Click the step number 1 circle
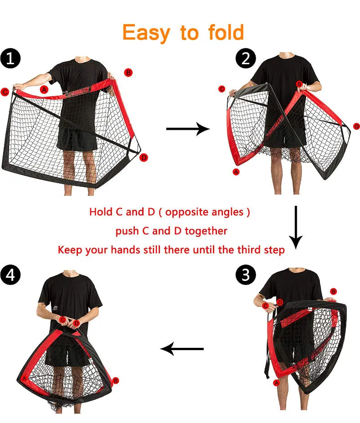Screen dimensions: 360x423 [x=10, y=58]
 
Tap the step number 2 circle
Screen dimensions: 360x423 [x=246, y=58]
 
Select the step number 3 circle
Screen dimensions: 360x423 [x=246, y=275]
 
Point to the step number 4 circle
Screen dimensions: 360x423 [x=10, y=275]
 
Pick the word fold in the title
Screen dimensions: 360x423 [x=226, y=32]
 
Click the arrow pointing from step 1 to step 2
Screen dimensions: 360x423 [x=188, y=129]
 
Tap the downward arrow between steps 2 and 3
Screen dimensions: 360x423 [x=296, y=227]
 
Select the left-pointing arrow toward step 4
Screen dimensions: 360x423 [x=182, y=349]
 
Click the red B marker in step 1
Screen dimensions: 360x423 [x=129, y=72]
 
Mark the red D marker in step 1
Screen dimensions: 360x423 [x=144, y=158]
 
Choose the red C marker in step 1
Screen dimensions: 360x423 [x=5, y=92]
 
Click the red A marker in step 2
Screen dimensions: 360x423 [x=236, y=172]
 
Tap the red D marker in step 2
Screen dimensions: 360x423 [x=356, y=126]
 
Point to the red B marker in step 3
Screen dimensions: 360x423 [x=334, y=291]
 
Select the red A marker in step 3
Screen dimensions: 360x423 [x=276, y=383]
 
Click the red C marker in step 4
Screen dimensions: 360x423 [x=63, y=320]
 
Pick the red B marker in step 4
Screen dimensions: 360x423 [x=116, y=380]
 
